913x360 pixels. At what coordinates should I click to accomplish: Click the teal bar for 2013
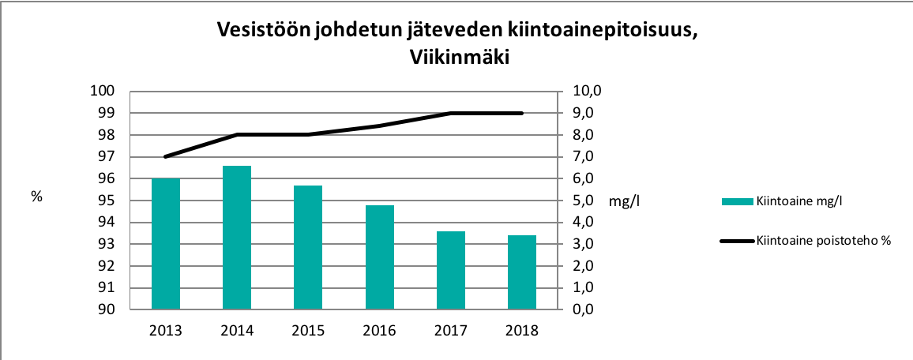click(x=166, y=244)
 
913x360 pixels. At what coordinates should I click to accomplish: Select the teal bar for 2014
click(x=237, y=238)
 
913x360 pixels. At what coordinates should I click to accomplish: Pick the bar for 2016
click(x=380, y=257)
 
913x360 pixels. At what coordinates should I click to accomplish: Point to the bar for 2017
click(x=451, y=270)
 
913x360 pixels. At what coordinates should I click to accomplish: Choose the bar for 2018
click(x=522, y=272)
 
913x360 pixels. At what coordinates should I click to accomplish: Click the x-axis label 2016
click(x=380, y=331)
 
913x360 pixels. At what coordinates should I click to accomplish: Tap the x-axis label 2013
click(x=166, y=331)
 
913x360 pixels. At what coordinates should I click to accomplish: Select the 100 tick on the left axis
click(x=103, y=92)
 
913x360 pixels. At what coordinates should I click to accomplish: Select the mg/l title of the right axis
click(x=624, y=201)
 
